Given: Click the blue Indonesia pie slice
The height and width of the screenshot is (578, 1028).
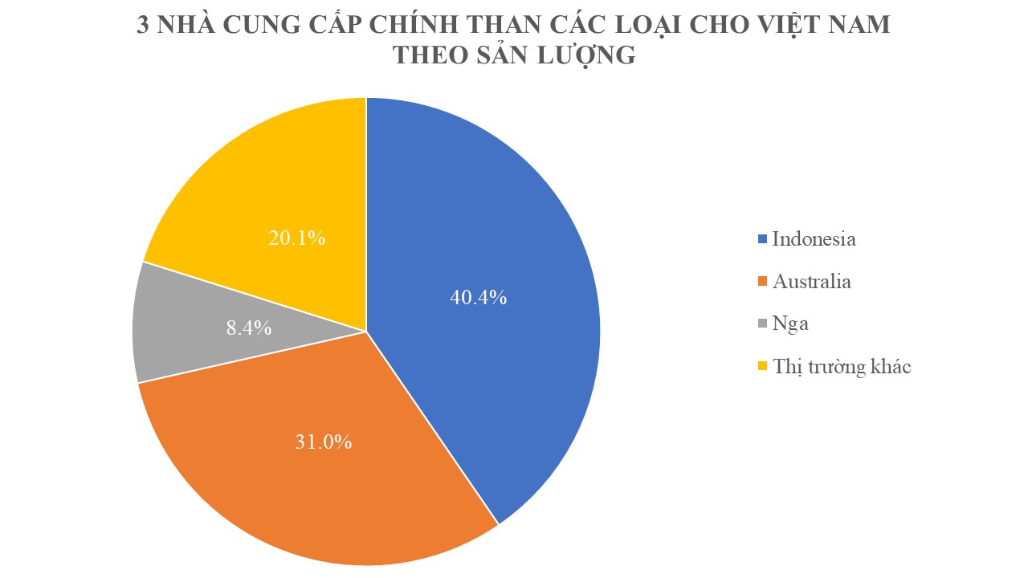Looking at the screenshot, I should click(x=498, y=241).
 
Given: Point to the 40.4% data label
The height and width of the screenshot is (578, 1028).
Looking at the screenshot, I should click(x=478, y=297).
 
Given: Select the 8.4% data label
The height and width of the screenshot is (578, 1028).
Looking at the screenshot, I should click(x=246, y=328).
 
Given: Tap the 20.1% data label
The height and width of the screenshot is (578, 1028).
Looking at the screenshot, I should click(x=296, y=238).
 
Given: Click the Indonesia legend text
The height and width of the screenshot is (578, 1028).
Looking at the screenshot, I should click(x=814, y=238).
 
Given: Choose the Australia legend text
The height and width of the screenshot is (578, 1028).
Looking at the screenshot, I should click(x=811, y=282).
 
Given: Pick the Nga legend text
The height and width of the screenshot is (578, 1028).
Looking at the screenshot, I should click(x=790, y=324).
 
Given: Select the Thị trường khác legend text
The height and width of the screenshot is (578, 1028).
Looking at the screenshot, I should click(x=842, y=367).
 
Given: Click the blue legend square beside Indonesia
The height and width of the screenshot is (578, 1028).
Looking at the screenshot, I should click(x=762, y=239).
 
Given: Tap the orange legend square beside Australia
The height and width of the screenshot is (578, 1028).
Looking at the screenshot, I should click(x=762, y=283).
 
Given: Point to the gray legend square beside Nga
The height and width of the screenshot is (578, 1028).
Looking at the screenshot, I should click(x=762, y=324).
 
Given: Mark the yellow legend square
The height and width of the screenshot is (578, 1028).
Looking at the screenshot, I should click(x=762, y=368).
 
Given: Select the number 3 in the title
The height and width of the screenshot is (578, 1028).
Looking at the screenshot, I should click(x=144, y=24).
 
